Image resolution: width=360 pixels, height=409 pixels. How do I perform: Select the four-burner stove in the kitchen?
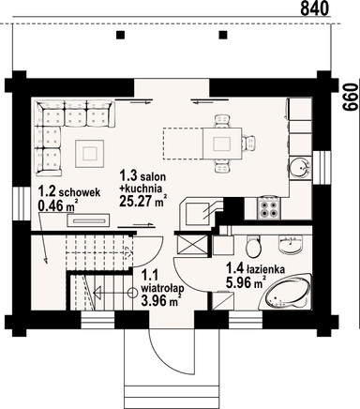pos(269,208)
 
